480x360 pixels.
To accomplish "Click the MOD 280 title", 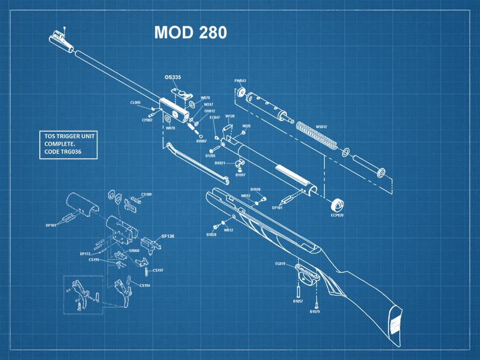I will [x=190, y=33].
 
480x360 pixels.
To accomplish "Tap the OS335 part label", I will [x=173, y=77].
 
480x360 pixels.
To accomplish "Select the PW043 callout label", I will [x=240, y=81].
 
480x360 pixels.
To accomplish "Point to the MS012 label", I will [x=321, y=127].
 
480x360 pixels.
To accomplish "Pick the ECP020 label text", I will [x=338, y=215].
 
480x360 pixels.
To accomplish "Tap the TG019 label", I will [x=280, y=264].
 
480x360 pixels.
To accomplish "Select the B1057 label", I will [x=298, y=301].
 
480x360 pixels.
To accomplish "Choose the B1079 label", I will [x=315, y=312].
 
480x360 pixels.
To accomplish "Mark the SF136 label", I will [x=168, y=236].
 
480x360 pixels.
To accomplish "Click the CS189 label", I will [x=146, y=194].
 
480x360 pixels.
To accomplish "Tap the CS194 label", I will [x=145, y=285].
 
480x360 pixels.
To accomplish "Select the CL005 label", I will [x=135, y=102].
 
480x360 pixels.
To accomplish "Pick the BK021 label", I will [x=220, y=163].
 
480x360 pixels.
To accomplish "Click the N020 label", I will [x=246, y=126].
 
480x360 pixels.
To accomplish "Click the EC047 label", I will [x=214, y=117].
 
